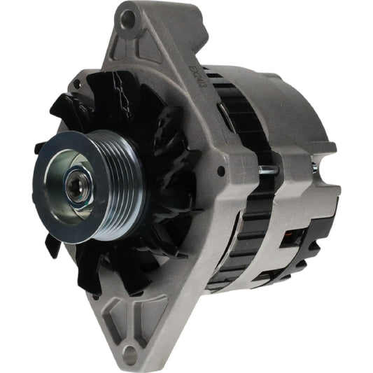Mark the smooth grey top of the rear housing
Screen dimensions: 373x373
coord(273,91)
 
